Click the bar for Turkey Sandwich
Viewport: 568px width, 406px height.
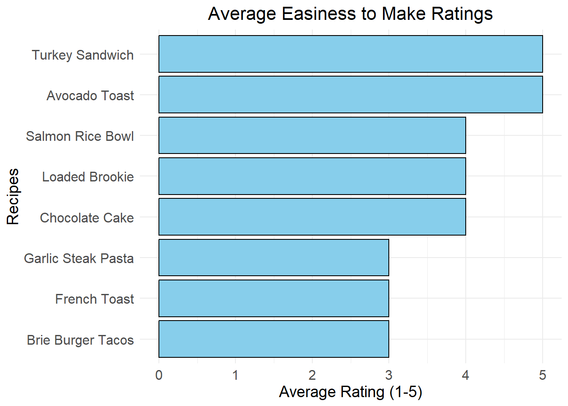tap(350, 54)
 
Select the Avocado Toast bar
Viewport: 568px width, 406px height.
tap(350, 95)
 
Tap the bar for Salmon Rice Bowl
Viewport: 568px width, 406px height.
tap(312, 135)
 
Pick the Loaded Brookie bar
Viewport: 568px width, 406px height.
tap(312, 176)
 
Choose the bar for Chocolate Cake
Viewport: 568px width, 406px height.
tap(312, 217)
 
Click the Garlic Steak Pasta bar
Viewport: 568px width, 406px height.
tap(273, 258)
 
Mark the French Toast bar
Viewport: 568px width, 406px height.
tap(273, 298)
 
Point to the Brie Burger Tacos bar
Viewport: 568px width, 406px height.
tap(273, 339)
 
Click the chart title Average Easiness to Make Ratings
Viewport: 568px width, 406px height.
tap(350, 14)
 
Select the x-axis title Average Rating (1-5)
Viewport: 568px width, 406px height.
tap(350, 392)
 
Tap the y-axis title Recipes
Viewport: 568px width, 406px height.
tap(13, 197)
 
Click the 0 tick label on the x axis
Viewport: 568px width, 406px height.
tap(159, 375)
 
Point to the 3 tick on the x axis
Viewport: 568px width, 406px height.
tap(389, 375)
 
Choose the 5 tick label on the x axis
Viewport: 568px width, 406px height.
tap(542, 375)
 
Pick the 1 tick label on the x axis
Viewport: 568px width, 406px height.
tap(235, 375)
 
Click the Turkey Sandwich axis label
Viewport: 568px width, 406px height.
tap(83, 55)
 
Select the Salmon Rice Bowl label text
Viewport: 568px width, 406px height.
tap(80, 136)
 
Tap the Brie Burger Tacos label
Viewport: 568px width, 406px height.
tap(80, 340)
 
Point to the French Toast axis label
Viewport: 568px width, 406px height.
tap(94, 299)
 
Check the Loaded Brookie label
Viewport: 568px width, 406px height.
tap(88, 177)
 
